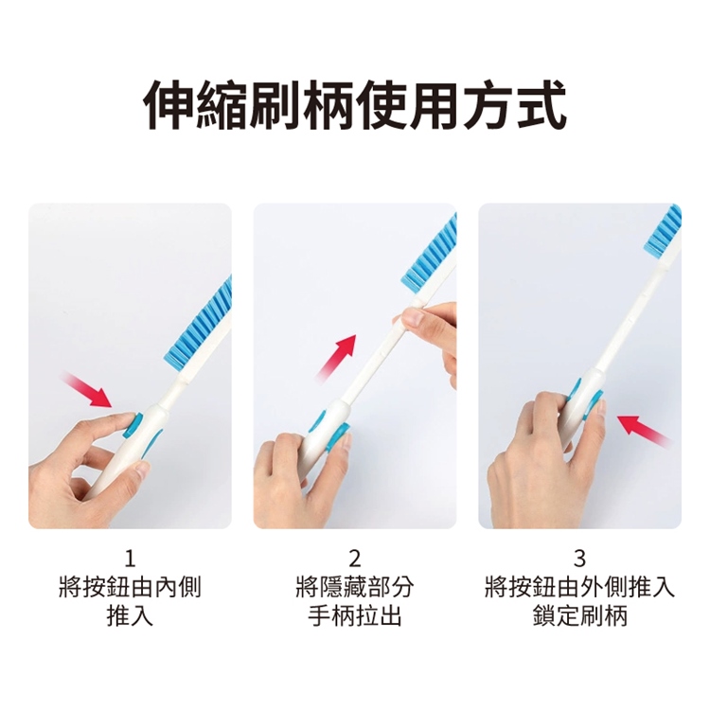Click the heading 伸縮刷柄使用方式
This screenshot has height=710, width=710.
(x=355, y=104)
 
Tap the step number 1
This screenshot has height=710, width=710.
(x=130, y=557)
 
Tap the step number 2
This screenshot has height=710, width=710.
(x=355, y=557)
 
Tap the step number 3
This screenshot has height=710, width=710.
(x=579, y=557)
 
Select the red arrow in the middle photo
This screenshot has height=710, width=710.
(x=338, y=356)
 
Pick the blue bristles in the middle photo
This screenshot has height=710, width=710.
(x=430, y=256)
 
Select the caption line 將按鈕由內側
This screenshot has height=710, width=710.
(x=130, y=588)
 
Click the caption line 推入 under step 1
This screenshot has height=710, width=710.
(x=130, y=617)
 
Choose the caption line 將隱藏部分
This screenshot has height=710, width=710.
(x=355, y=588)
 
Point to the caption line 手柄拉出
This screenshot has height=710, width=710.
(x=355, y=617)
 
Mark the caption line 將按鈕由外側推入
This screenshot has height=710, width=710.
(x=579, y=588)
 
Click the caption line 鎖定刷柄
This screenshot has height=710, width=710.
(x=579, y=617)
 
